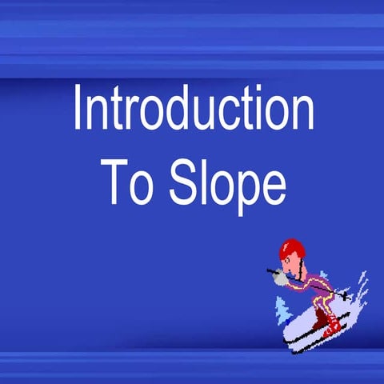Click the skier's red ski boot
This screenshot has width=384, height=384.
click(330, 324)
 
